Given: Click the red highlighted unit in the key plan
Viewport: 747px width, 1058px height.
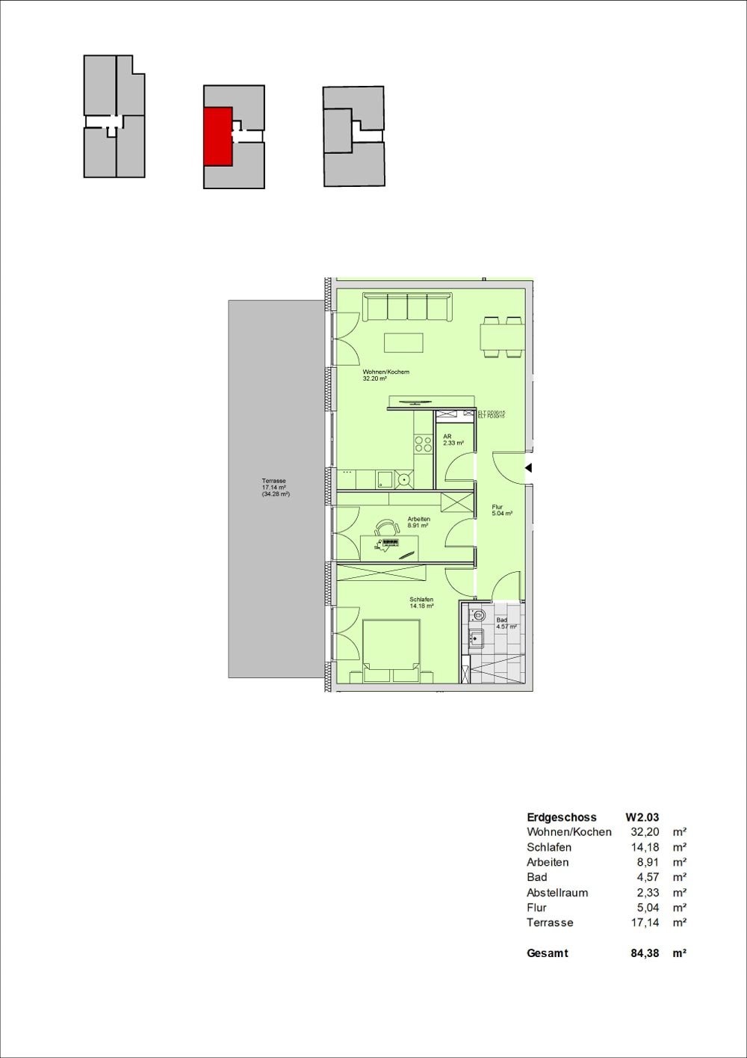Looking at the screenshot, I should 217,135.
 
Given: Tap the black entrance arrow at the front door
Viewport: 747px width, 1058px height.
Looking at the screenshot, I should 528,468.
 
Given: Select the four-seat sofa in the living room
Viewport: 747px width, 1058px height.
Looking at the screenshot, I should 407,308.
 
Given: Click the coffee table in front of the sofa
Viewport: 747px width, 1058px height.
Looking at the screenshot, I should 403,342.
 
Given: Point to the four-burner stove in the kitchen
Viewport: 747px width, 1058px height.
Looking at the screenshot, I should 423,444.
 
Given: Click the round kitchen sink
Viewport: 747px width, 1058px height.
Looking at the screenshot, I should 405,479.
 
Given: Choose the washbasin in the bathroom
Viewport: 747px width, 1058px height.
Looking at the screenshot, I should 476,638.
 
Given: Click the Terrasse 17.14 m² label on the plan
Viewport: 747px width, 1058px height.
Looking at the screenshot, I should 274,488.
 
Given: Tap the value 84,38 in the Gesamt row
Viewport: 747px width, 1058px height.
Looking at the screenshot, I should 636,953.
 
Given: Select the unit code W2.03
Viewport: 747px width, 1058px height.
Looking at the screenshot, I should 642,817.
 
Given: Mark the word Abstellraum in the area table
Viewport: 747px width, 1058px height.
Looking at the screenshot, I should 557,893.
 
